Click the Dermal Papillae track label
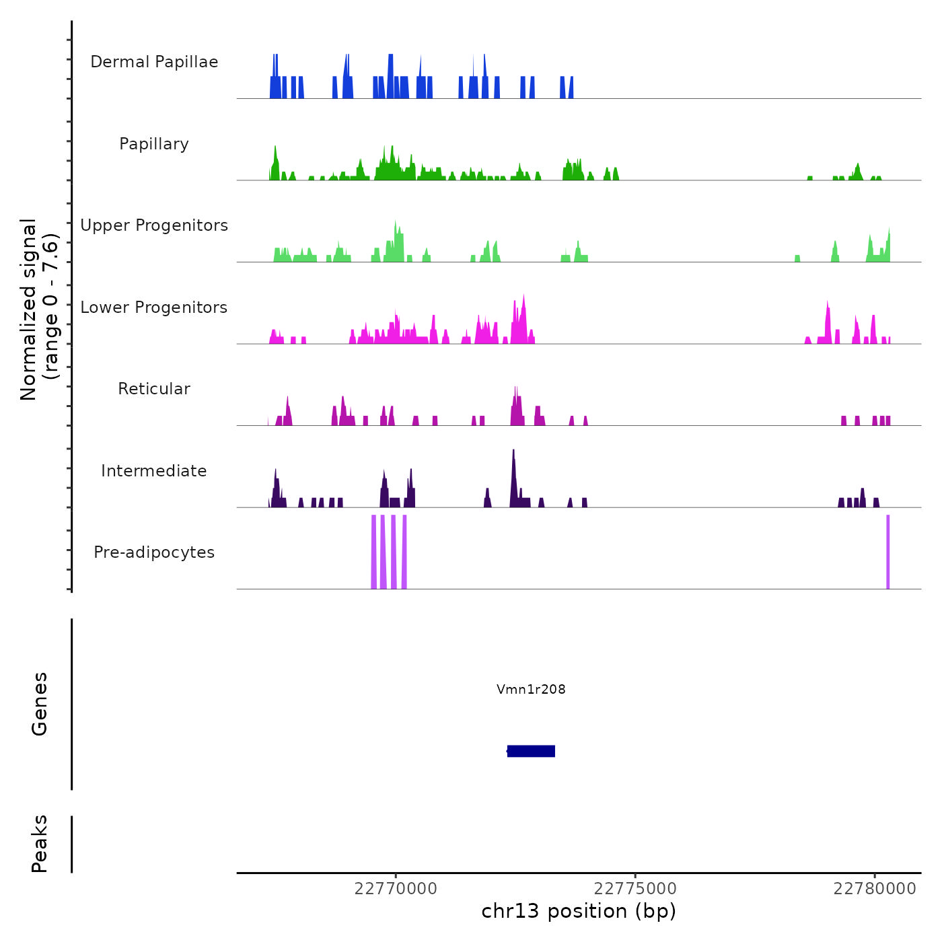(154, 62)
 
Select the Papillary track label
(154, 144)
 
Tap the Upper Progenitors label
(154, 225)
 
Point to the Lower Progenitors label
(154, 307)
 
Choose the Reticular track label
(154, 389)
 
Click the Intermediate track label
(154, 471)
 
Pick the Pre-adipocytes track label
(154, 552)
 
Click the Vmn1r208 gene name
(531, 689)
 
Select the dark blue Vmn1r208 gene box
(531, 751)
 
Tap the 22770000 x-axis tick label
(396, 889)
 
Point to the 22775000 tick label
(635, 889)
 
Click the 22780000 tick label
(875, 889)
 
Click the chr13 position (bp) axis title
(579, 911)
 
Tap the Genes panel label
(40, 704)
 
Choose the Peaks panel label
(40, 844)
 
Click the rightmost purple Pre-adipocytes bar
(888, 552)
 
